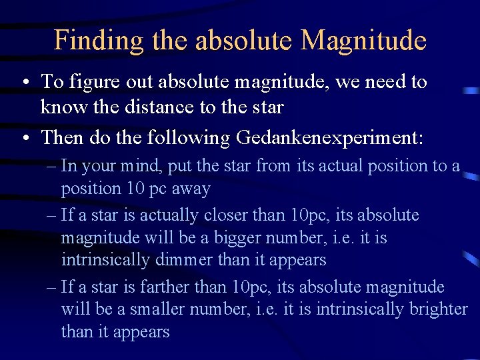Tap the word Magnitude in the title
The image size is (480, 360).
pyautogui.click(x=363, y=41)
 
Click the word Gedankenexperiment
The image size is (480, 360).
pyautogui.click(x=329, y=138)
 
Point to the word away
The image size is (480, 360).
pyautogui.click(x=191, y=189)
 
